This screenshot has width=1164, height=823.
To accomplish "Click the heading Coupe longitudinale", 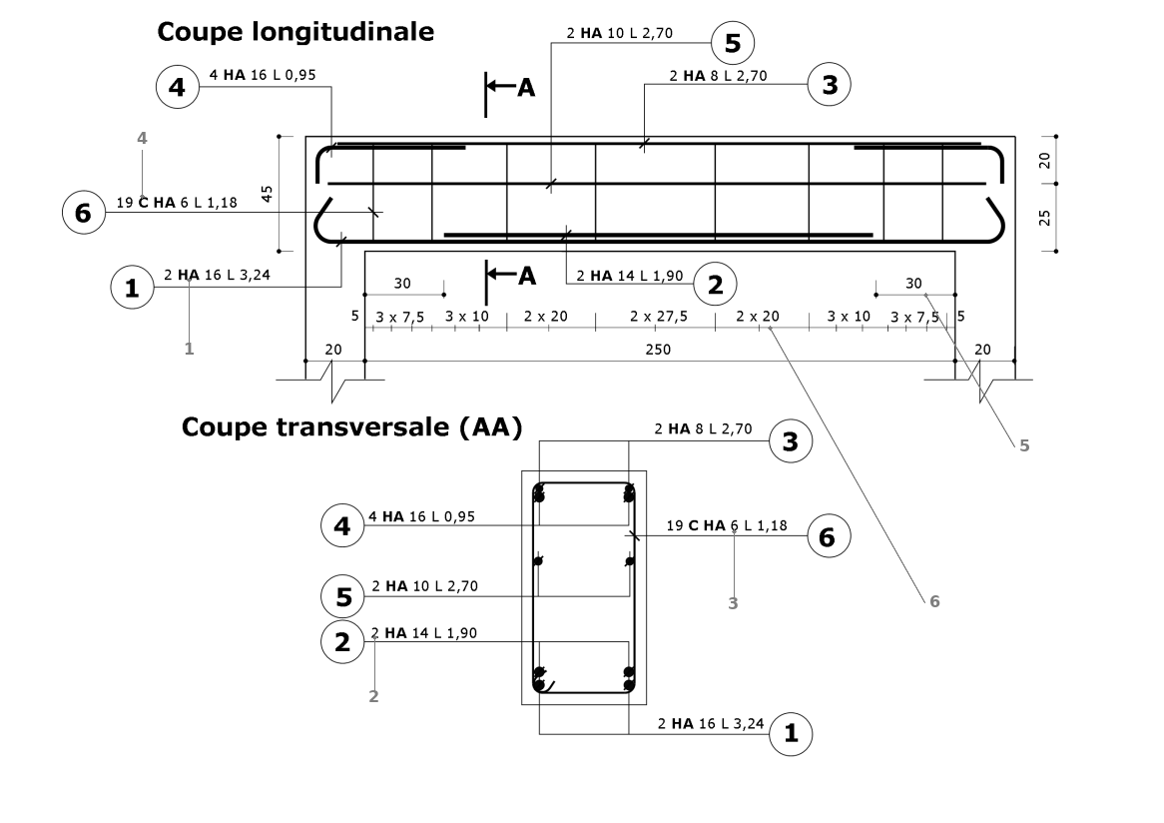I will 294,32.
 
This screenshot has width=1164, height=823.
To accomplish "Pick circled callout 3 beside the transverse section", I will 791,442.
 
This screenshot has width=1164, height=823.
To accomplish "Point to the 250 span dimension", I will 659,349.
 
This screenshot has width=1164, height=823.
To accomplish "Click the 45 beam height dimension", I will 268,193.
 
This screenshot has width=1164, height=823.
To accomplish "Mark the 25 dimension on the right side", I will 1044,217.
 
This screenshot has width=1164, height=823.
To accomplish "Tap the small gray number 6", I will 934,601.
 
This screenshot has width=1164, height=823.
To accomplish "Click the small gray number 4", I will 142,139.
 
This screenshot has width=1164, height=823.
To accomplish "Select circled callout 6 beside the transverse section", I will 828,536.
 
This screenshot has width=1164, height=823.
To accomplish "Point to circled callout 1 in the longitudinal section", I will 130,289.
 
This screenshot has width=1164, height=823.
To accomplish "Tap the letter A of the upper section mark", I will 526,88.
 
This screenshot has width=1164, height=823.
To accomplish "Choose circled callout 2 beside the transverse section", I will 342,642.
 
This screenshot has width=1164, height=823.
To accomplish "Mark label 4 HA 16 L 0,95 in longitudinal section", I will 257,75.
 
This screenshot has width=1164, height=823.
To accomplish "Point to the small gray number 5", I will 1023,445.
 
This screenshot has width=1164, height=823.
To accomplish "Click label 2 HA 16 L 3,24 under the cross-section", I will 712,722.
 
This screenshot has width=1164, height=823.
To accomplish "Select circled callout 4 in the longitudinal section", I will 178,87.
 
